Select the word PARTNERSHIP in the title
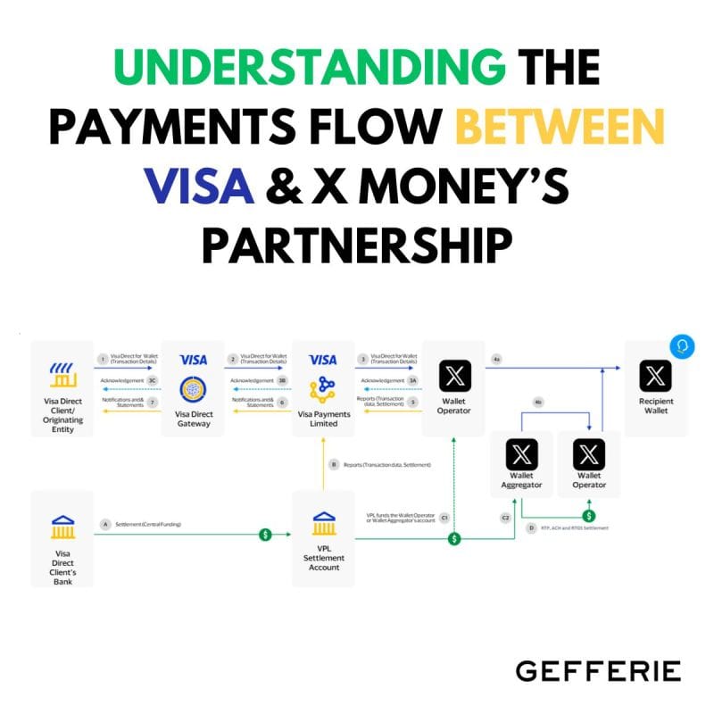point(357,244)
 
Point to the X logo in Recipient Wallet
point(656,376)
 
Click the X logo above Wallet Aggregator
point(521,455)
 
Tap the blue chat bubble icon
point(682,346)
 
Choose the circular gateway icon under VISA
point(194,390)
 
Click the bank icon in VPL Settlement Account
point(324,524)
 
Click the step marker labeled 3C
point(153,380)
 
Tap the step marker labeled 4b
point(537,403)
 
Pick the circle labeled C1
point(444,517)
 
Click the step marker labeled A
point(105,524)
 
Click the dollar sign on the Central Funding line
point(265,534)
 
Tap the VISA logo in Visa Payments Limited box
point(322,360)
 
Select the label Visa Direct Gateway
point(194,419)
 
